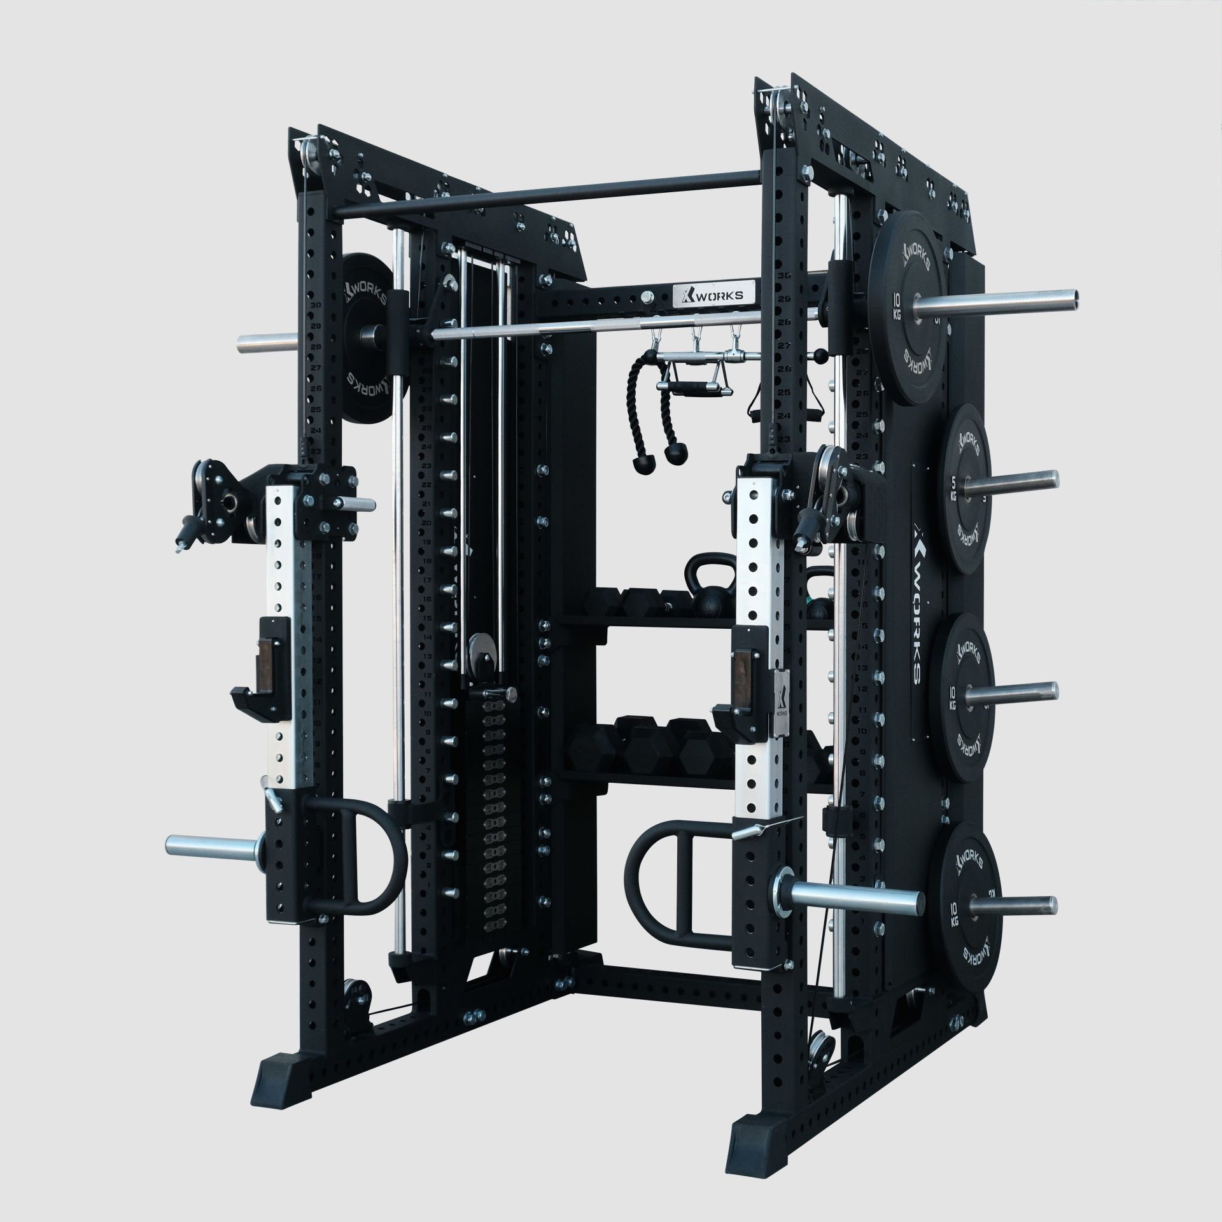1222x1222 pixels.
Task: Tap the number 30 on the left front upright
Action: tap(314, 304)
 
